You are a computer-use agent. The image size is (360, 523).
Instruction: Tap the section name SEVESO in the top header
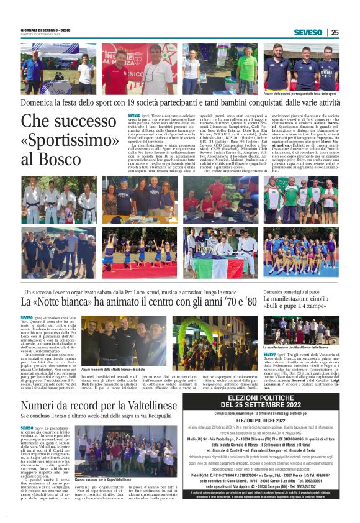tap(308, 32)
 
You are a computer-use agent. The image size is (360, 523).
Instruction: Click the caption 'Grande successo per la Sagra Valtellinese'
tap(103, 480)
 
